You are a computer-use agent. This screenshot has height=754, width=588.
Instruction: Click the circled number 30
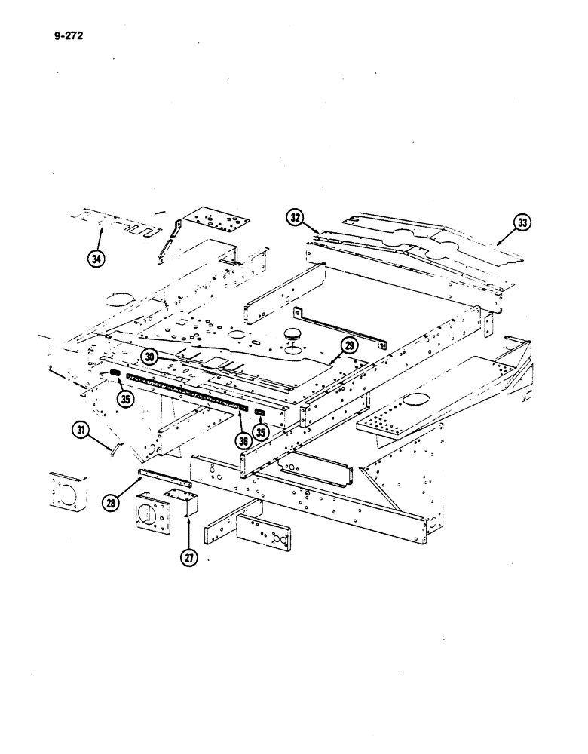(x=149, y=357)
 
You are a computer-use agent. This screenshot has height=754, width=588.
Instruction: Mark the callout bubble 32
(x=295, y=219)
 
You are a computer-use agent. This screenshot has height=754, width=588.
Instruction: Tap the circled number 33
(x=522, y=222)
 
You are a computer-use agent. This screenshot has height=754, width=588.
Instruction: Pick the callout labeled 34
(x=96, y=258)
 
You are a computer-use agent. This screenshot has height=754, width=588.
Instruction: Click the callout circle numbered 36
(x=243, y=440)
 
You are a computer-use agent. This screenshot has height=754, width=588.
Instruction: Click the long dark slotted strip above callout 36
(x=188, y=391)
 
